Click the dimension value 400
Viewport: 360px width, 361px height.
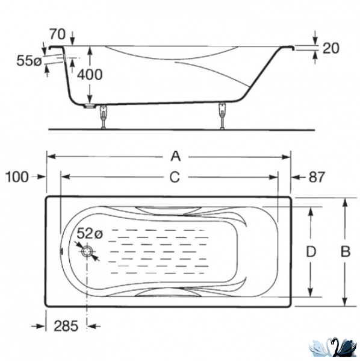90,75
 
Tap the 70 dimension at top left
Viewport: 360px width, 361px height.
58,34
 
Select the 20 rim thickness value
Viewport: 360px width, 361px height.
331,48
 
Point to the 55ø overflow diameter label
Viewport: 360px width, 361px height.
29,61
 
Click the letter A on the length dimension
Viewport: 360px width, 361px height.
176,156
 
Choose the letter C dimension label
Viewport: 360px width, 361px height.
175,177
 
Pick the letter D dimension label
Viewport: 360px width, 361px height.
311,251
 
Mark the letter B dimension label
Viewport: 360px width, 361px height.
346,251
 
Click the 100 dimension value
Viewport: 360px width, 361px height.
17,177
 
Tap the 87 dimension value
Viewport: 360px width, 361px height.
317,177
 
